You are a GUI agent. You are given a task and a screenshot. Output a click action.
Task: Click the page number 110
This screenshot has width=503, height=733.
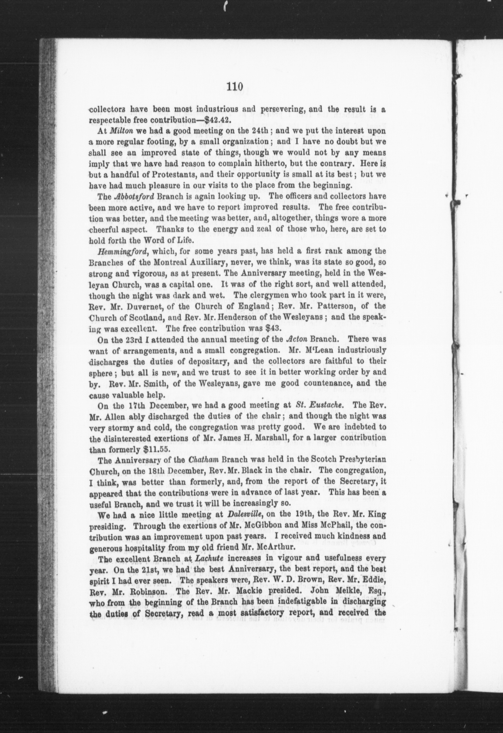pos(235,86)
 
